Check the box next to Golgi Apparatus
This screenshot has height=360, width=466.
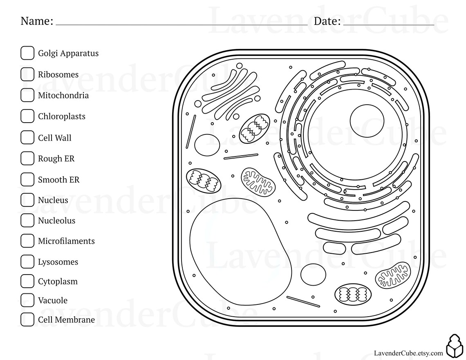pos(27,53)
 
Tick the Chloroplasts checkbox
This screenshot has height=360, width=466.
pos(27,116)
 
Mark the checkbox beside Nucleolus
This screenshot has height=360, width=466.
pos(27,220)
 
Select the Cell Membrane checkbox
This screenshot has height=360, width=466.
pos(27,320)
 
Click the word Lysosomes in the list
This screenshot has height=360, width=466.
pos(58,262)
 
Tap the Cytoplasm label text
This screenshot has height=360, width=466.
pos(58,282)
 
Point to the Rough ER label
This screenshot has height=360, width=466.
pos(56,159)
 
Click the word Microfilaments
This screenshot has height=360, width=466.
pos(66,241)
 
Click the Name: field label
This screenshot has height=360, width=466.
pos(37,21)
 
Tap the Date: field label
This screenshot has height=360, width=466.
pos(327,21)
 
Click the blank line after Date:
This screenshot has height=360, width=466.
pos(388,22)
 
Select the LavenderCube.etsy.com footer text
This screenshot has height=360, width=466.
pos(408,353)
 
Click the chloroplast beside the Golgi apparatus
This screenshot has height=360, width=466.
pos(255,128)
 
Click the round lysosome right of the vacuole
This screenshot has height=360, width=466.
pos(313,274)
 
